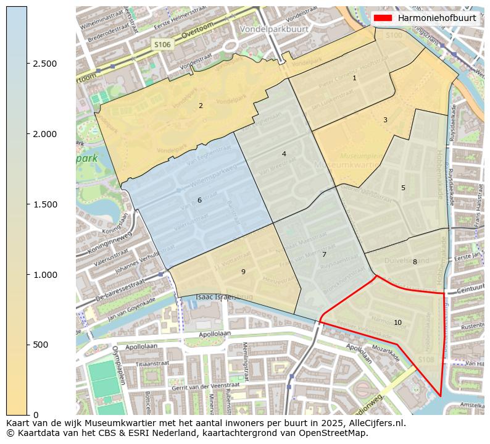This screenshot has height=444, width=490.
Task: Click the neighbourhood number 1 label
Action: point(354,78)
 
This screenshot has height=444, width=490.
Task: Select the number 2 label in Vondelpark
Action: point(201,106)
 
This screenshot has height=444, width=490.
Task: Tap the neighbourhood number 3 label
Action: point(385,120)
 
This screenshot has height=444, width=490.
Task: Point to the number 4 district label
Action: point(284,154)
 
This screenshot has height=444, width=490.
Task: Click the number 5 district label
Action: point(403,188)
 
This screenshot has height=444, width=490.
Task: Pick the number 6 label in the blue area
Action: point(199,200)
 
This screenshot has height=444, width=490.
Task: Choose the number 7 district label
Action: point(324,254)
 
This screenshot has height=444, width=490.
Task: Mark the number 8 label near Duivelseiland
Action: point(415,262)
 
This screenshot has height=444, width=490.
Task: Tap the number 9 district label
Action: point(243,272)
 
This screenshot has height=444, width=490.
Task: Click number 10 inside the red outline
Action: point(397,322)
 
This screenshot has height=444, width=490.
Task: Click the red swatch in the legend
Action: point(383,18)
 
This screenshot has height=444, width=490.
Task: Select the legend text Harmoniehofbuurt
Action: point(437,18)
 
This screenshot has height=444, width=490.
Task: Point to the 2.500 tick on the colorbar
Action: point(44,64)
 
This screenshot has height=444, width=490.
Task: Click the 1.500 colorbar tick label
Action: point(44,204)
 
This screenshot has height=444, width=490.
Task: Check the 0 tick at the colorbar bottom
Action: point(36,414)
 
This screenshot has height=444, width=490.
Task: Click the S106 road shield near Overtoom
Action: point(162,44)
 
